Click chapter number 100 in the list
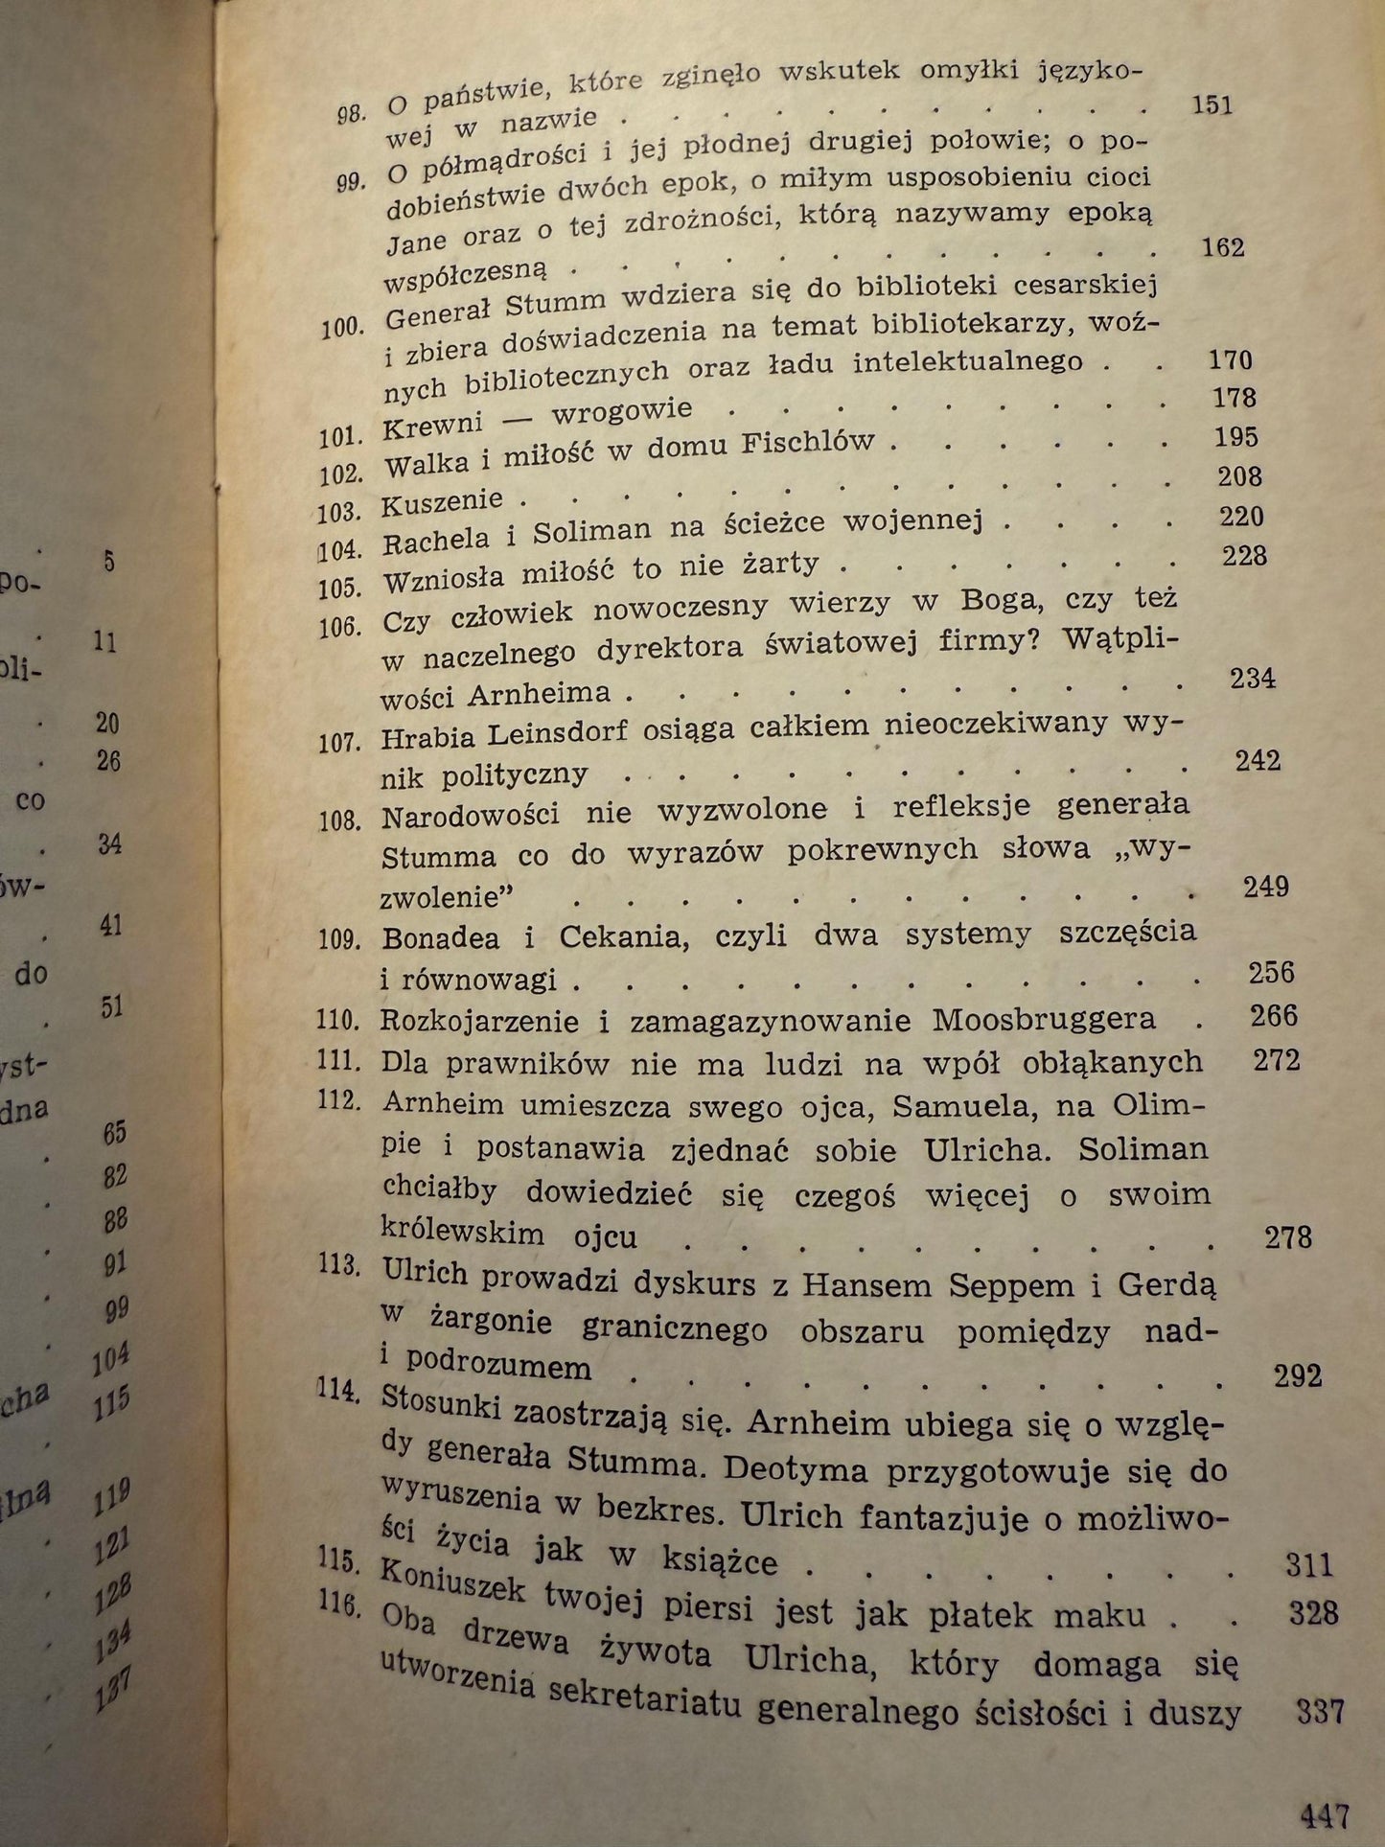pos(339,327)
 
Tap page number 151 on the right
pos(1211,104)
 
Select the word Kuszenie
pos(442,501)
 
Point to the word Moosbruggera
pos(1044,1018)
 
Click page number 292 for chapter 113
pos(1298,1375)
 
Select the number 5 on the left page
pos(109,561)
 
